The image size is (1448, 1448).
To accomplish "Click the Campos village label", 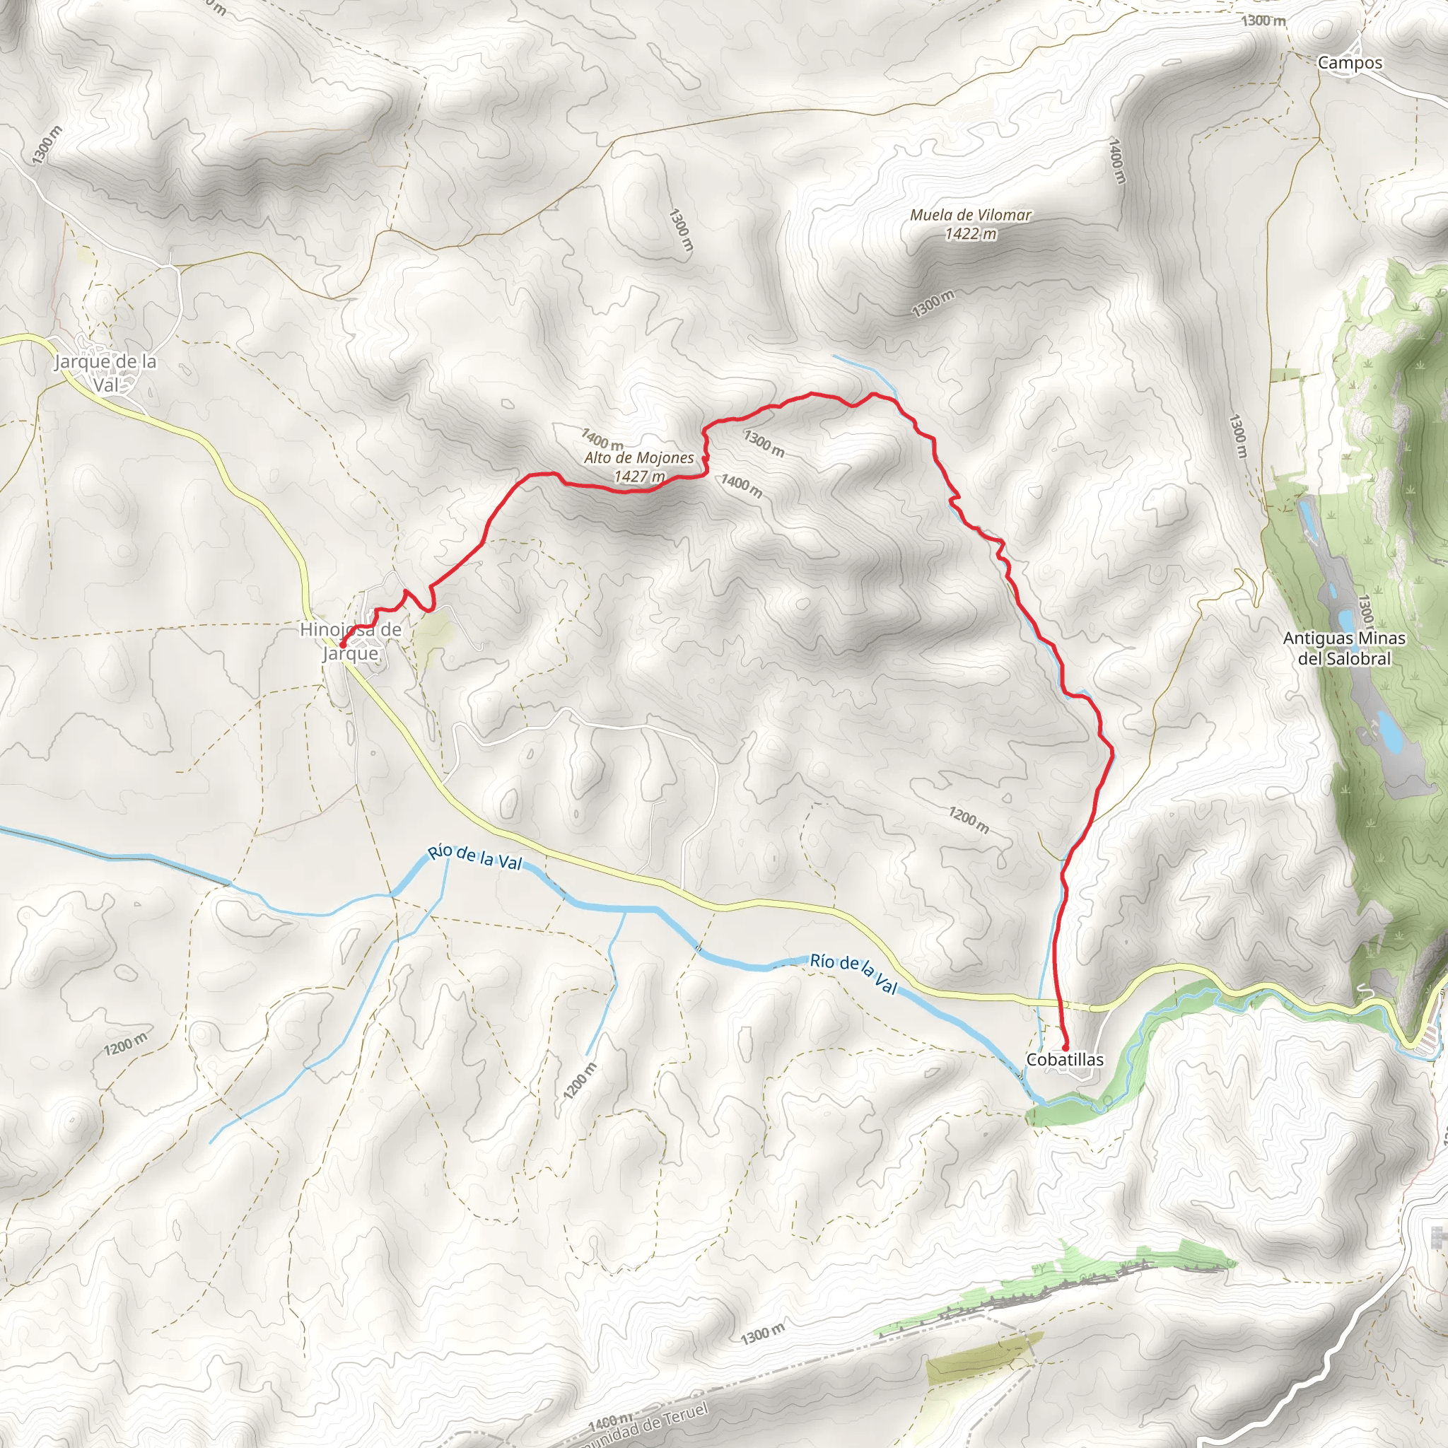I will click(x=1350, y=63).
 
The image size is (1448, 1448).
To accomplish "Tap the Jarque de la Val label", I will click(x=105, y=373).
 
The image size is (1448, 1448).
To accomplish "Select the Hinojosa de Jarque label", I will click(x=351, y=641).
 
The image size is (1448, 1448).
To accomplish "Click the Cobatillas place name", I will click(x=1064, y=1059).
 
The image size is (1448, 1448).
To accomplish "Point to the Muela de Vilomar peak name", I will click(x=971, y=215).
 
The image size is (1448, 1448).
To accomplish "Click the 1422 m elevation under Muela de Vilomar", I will click(x=971, y=234).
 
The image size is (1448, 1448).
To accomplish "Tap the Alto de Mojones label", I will click(x=639, y=458).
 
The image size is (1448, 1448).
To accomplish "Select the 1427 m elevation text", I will click(x=638, y=476).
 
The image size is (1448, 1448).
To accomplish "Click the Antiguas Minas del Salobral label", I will click(x=1345, y=648).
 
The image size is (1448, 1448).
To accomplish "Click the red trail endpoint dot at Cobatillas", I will click(x=1065, y=1047).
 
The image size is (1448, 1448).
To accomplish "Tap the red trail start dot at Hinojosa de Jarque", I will click(x=341, y=645).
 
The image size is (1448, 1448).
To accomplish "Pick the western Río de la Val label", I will click(x=474, y=858).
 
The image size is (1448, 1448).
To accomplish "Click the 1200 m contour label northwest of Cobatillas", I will click(x=969, y=820).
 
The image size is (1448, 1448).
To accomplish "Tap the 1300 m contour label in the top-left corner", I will click(x=47, y=145).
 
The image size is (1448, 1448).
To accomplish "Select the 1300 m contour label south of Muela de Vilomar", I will click(x=933, y=303).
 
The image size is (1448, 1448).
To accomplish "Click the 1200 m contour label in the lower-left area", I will click(x=126, y=1044).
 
